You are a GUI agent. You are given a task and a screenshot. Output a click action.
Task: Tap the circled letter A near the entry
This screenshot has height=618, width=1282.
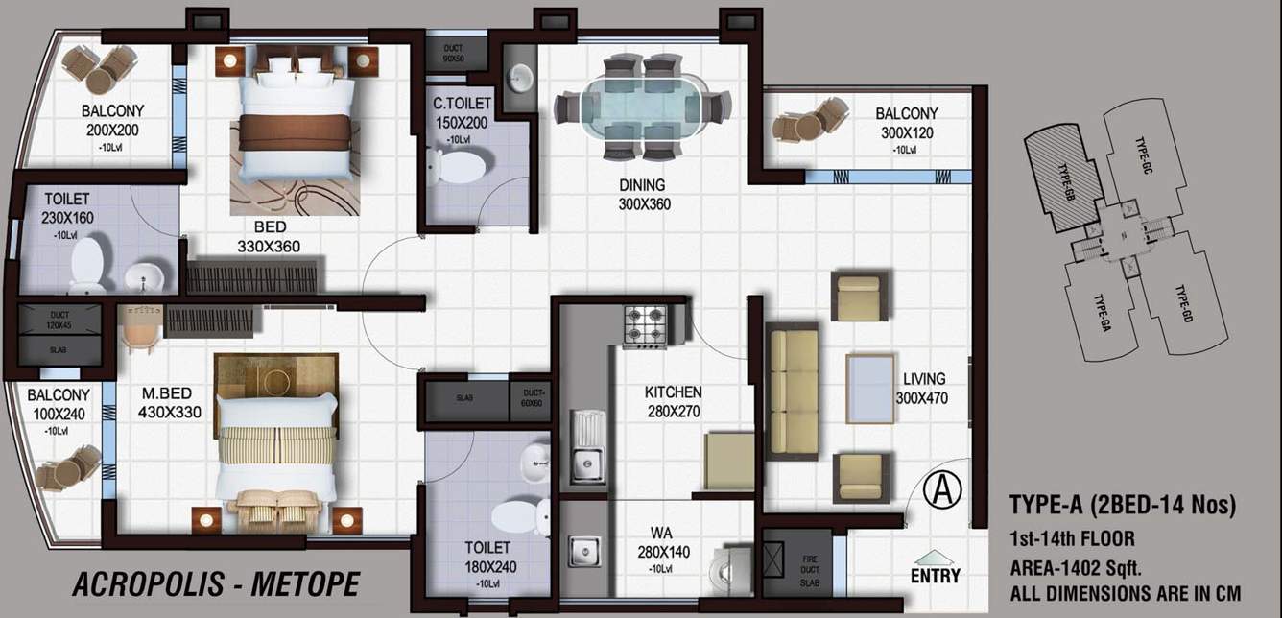pyautogui.click(x=941, y=490)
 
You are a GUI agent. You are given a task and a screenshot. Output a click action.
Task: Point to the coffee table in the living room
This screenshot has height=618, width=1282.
pyautogui.click(x=872, y=388)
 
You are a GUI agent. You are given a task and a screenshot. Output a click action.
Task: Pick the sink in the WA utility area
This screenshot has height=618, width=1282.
pyautogui.click(x=582, y=553)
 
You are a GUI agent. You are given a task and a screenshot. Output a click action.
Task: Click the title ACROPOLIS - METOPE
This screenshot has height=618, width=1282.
pyautogui.click(x=216, y=582)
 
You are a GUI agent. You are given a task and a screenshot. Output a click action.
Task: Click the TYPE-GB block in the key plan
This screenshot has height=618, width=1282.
pyautogui.click(x=1062, y=178)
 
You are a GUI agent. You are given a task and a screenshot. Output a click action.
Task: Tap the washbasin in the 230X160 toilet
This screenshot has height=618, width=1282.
pyautogui.click(x=144, y=276)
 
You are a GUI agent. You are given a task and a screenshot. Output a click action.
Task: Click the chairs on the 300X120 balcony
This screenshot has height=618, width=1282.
pyautogui.click(x=810, y=122)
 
